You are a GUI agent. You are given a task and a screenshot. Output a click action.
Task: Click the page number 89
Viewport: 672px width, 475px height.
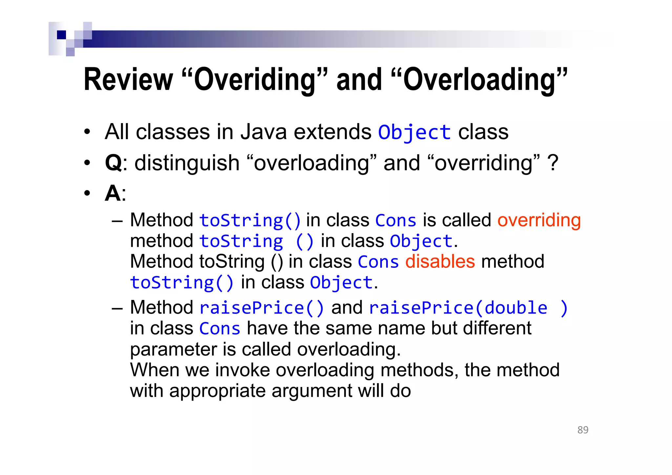(x=583, y=430)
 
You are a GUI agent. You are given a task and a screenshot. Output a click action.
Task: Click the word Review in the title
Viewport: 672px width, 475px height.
(x=128, y=80)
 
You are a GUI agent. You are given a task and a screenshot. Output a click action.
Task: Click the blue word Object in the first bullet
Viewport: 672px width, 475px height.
(x=414, y=133)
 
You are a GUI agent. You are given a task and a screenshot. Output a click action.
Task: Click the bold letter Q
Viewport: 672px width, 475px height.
(x=113, y=163)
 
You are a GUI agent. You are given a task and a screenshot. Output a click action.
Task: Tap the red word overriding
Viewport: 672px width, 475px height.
(x=539, y=220)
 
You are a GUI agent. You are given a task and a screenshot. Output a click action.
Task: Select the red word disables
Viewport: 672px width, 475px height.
(x=440, y=262)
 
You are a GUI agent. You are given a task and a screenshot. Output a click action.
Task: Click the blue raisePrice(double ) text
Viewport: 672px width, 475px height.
(x=468, y=308)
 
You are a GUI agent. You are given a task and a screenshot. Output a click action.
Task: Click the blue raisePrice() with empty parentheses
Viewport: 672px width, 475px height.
(x=262, y=308)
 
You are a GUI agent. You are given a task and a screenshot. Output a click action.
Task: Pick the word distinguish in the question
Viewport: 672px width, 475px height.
(x=187, y=163)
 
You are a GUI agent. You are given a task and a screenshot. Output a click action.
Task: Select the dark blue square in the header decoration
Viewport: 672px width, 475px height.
(x=61, y=35)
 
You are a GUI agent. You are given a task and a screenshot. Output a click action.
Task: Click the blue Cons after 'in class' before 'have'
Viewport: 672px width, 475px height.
(x=220, y=329)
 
